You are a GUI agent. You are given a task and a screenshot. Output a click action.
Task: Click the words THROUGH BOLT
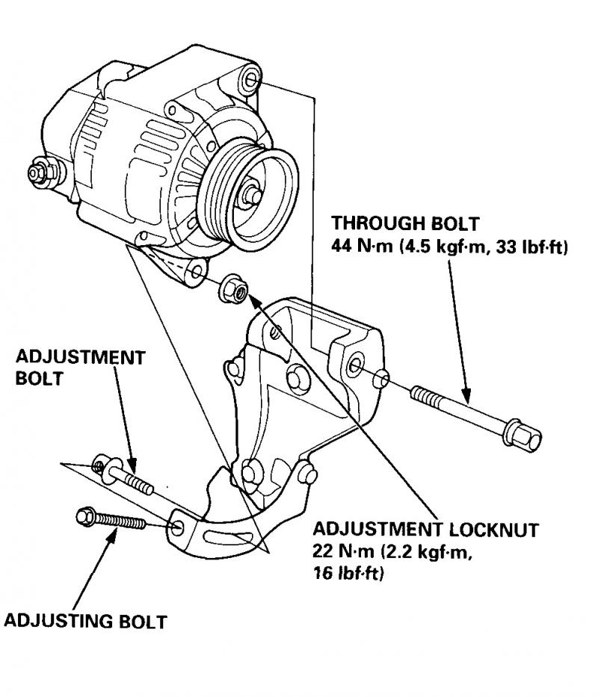click(405, 223)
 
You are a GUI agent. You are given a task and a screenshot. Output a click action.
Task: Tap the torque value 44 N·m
click(362, 247)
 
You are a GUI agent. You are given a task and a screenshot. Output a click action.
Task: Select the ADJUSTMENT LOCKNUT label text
click(425, 530)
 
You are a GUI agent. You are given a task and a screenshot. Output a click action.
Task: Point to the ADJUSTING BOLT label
click(85, 621)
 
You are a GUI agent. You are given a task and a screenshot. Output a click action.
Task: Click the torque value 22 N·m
click(343, 551)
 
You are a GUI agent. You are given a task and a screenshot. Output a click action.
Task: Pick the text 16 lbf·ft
click(348, 573)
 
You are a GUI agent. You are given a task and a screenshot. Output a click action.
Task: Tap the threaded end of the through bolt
click(425, 396)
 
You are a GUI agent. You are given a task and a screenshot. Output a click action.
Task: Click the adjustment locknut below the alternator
click(233, 289)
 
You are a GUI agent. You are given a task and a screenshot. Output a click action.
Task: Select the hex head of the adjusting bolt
click(86, 516)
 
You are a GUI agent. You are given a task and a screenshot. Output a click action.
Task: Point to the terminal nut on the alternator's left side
click(40, 173)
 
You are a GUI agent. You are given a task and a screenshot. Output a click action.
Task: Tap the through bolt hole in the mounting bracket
click(355, 365)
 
